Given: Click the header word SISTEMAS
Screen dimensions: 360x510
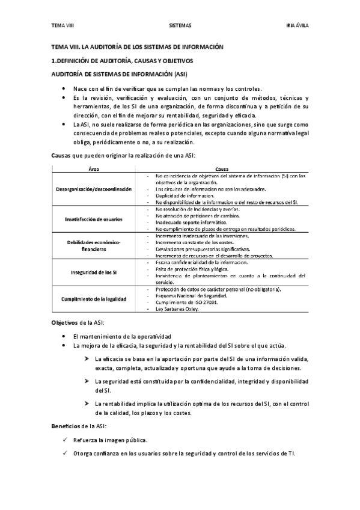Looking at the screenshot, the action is coord(180,25).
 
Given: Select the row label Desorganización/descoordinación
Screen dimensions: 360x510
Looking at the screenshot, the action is coord(94,189).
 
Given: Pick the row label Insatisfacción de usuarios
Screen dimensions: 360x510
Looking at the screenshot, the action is coord(94,219).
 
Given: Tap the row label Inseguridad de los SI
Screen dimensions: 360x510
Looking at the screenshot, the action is coord(94,272).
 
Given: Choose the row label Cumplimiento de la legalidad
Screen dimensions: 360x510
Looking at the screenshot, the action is coord(94,298).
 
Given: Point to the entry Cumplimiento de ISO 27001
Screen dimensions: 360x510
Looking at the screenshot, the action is coord(186,302).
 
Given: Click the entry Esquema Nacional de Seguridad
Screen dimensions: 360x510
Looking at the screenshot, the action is coord(191,295).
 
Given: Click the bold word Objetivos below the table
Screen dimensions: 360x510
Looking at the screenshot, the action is coord(64,322).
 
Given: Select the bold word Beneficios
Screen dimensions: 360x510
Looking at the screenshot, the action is coord(65,426).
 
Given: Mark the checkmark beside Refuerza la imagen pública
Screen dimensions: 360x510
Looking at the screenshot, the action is coord(64,440).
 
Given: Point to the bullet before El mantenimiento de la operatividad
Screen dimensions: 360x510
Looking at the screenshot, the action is coord(64,336).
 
